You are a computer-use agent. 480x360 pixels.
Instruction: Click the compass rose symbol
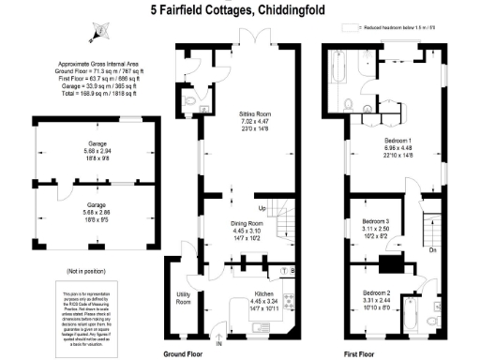point(95,33)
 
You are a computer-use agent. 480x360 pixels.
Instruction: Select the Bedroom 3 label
point(377,221)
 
